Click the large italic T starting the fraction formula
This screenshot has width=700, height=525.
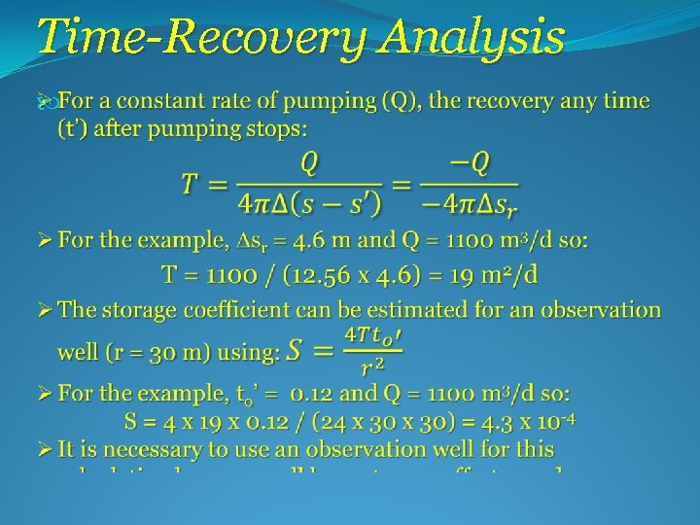click(x=192, y=183)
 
